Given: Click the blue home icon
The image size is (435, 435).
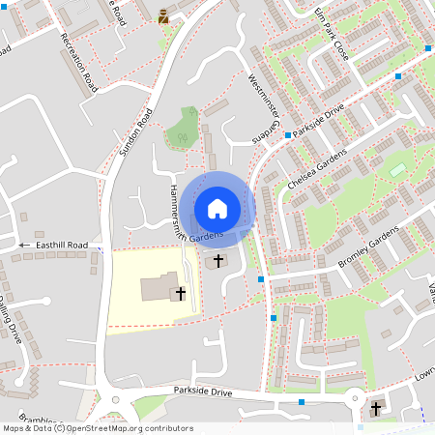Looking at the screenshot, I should click(217, 209).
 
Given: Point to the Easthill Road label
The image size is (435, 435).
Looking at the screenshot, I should click(62, 246).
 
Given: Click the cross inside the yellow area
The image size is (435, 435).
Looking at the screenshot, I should click(181, 292).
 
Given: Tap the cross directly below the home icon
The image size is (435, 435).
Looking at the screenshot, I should click(217, 260).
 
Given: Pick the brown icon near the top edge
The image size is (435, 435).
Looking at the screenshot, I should click(162, 14).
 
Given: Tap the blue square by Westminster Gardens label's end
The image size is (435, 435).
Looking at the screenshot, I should click(287, 135).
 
